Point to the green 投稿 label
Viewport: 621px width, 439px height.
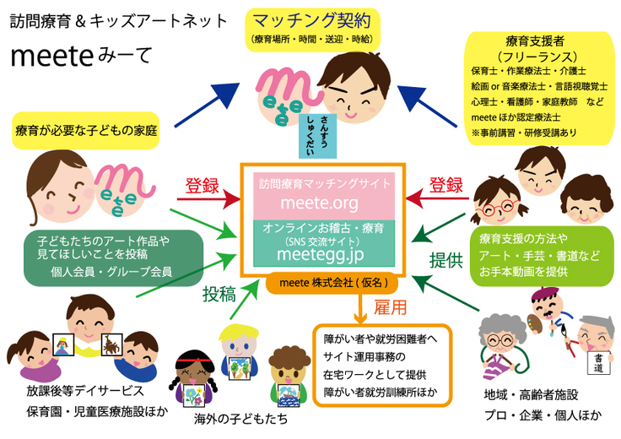(218, 295)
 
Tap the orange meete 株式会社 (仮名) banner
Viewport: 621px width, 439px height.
(333, 284)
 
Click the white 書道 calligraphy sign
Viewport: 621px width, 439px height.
(597, 362)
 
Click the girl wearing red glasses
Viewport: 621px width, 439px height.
(494, 203)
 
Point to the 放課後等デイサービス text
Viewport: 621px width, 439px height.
(76, 393)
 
